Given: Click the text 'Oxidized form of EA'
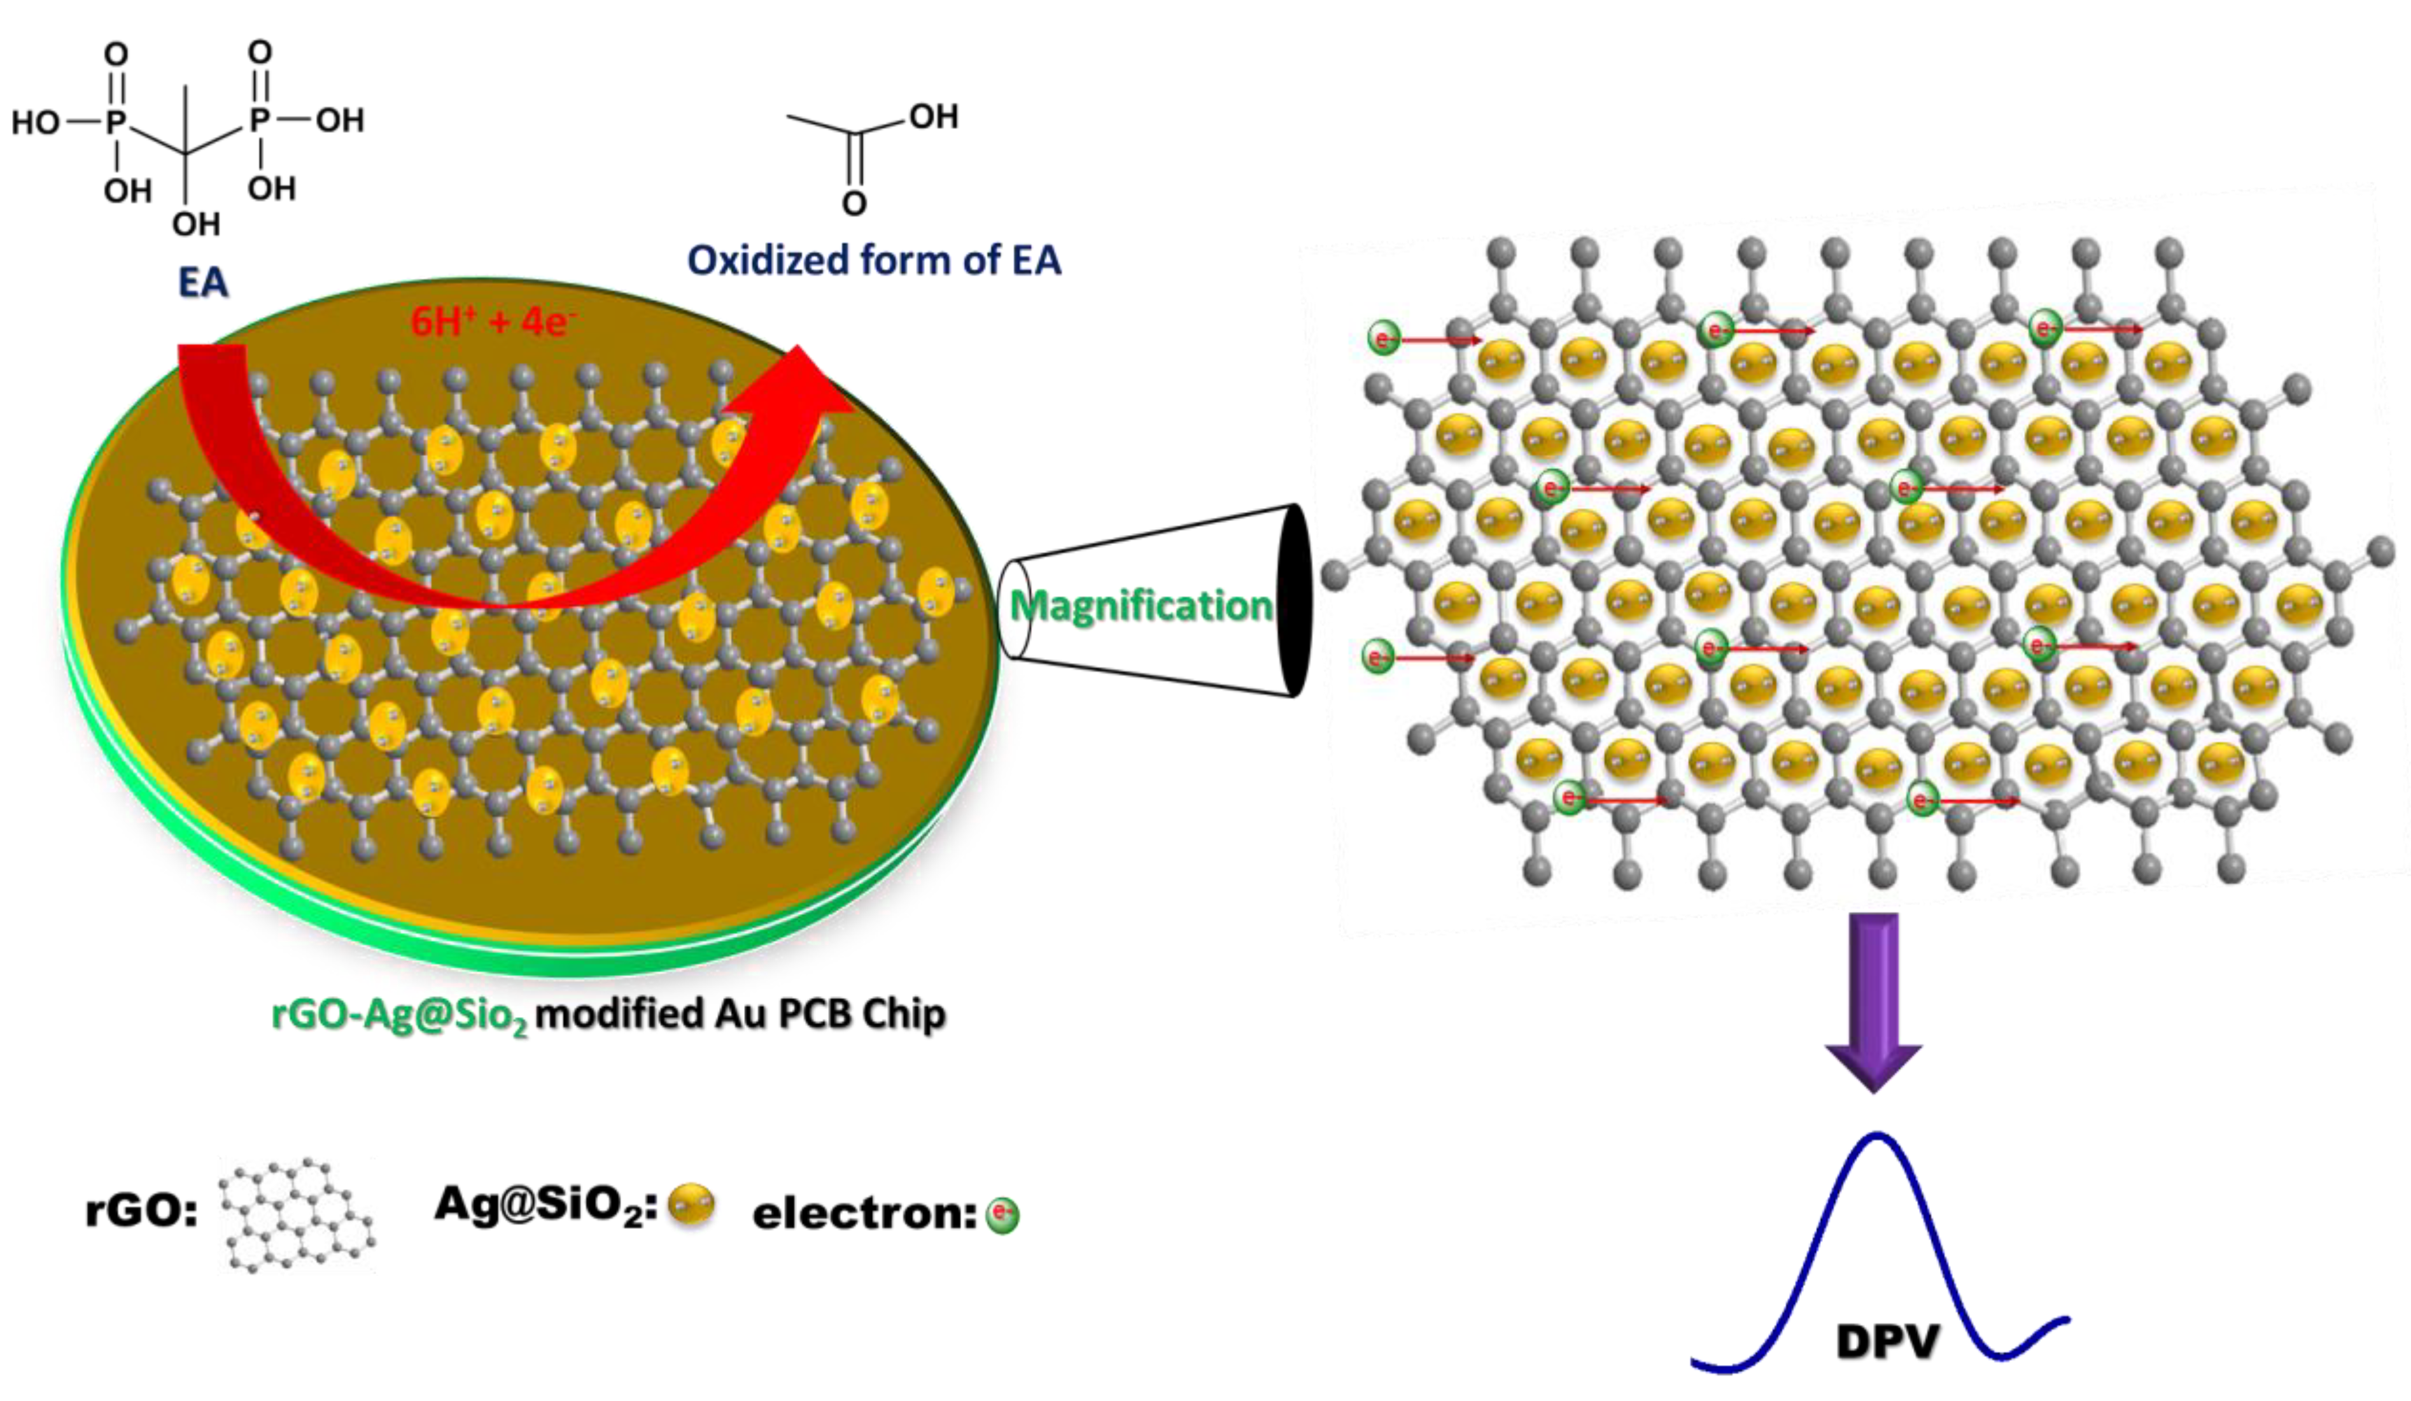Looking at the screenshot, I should (x=873, y=260).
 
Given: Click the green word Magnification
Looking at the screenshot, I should (x=1141, y=606).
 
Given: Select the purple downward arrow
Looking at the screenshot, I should (x=1873, y=1000).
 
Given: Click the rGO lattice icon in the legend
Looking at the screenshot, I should (x=297, y=1215).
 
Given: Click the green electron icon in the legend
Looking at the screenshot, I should (x=1002, y=1215).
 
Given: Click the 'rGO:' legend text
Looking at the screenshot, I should (x=141, y=1211).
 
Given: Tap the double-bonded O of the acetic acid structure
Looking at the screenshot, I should (x=854, y=203).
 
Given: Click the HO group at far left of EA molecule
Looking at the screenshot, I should (x=36, y=122).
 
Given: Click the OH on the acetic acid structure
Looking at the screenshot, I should (x=933, y=117).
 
